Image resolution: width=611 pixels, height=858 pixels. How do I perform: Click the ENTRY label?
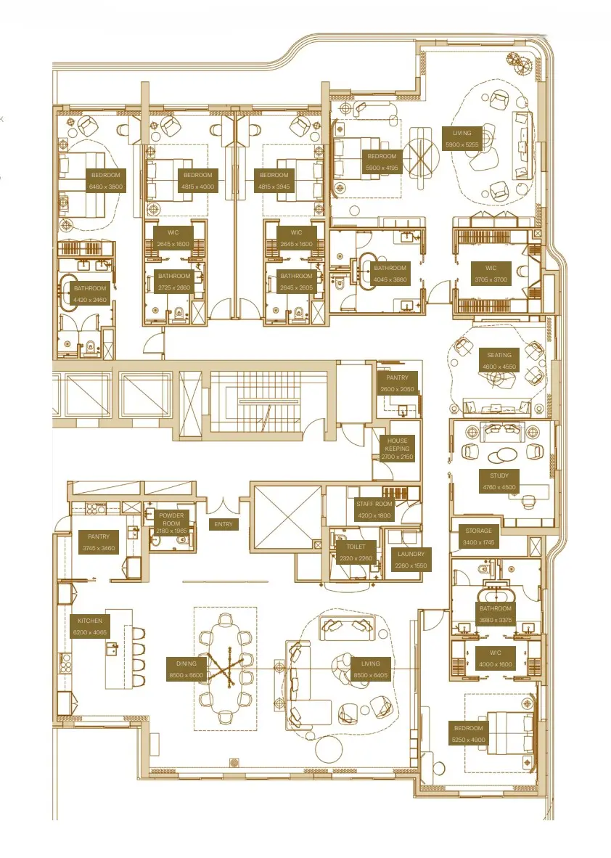pos(222,524)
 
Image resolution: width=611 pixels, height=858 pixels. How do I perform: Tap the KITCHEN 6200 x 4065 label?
pos(91,626)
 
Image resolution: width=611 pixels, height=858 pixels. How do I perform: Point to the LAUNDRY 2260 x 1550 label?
pos(411,560)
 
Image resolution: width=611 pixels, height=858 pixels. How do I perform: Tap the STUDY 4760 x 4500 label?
pos(499,481)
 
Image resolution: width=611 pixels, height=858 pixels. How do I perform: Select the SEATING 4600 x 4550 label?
pos(499,361)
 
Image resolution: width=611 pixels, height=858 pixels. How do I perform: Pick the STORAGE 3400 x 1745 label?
pos(478,536)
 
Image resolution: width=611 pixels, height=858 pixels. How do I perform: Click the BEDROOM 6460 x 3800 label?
pos(106,181)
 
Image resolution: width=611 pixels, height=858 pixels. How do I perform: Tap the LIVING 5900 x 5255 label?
pos(462,139)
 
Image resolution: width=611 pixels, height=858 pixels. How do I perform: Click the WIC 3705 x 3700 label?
pos(491,274)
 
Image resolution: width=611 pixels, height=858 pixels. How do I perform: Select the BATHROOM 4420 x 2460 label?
pos(89,293)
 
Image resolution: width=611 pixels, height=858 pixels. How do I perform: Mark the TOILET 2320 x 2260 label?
pos(356,552)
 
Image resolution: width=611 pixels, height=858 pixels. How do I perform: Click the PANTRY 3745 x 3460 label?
pos(99,542)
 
